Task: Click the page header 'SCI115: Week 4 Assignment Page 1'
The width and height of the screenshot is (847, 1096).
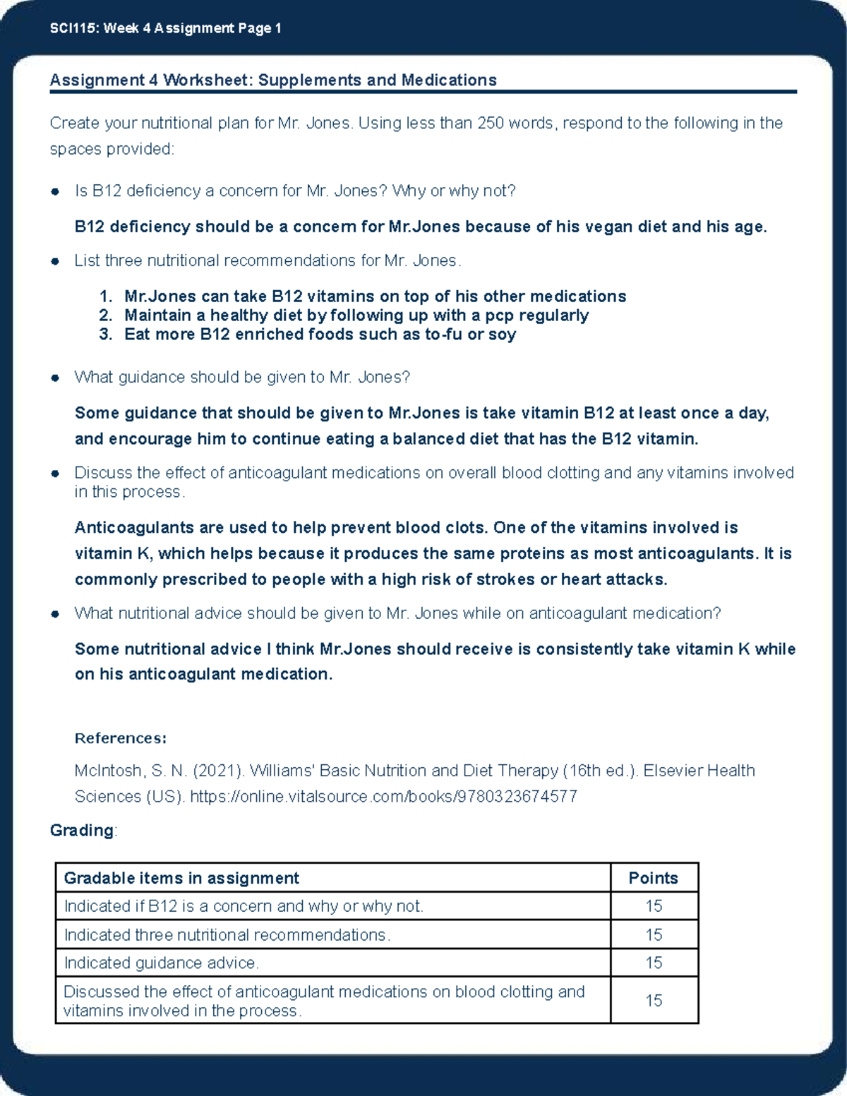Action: click(165, 28)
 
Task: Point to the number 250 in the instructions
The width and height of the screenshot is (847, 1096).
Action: click(490, 124)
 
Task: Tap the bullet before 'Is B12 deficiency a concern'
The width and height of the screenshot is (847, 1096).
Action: click(55, 192)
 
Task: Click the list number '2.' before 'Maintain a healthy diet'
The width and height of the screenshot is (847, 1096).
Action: click(106, 315)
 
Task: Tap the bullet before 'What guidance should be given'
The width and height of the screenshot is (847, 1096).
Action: click(55, 378)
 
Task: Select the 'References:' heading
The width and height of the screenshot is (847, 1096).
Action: click(121, 738)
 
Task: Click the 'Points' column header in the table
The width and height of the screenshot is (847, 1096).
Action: click(653, 878)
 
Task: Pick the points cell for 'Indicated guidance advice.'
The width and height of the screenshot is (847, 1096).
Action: click(654, 963)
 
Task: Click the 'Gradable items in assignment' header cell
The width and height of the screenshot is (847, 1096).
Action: click(181, 878)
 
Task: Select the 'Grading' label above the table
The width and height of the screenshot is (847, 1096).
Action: click(82, 831)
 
